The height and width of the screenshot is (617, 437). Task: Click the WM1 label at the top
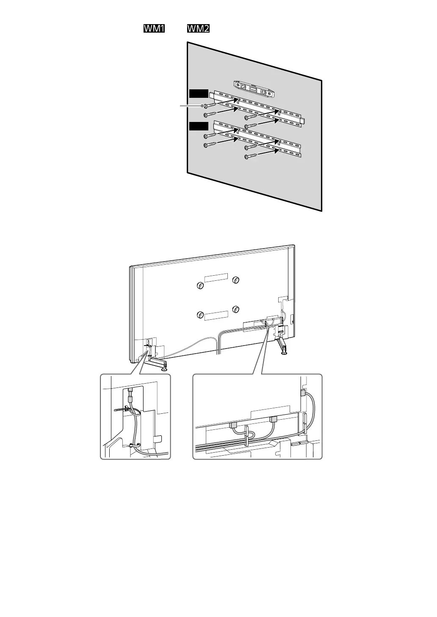tap(154, 29)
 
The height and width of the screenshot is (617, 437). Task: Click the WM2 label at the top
tap(198, 29)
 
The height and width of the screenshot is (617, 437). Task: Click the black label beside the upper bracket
tap(199, 94)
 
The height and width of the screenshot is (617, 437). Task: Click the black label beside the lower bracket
tap(199, 126)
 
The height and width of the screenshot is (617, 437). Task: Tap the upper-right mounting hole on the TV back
tap(236, 280)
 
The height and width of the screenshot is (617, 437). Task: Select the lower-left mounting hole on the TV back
tap(200, 315)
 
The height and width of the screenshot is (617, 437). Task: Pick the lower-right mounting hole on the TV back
tap(236, 308)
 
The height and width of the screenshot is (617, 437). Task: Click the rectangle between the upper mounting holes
tap(216, 277)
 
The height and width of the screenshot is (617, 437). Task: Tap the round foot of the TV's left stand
tap(164, 368)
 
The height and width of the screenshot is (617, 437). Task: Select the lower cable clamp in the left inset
tap(132, 445)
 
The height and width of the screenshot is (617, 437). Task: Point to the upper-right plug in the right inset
tap(302, 393)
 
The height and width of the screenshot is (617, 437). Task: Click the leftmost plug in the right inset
tap(233, 424)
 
